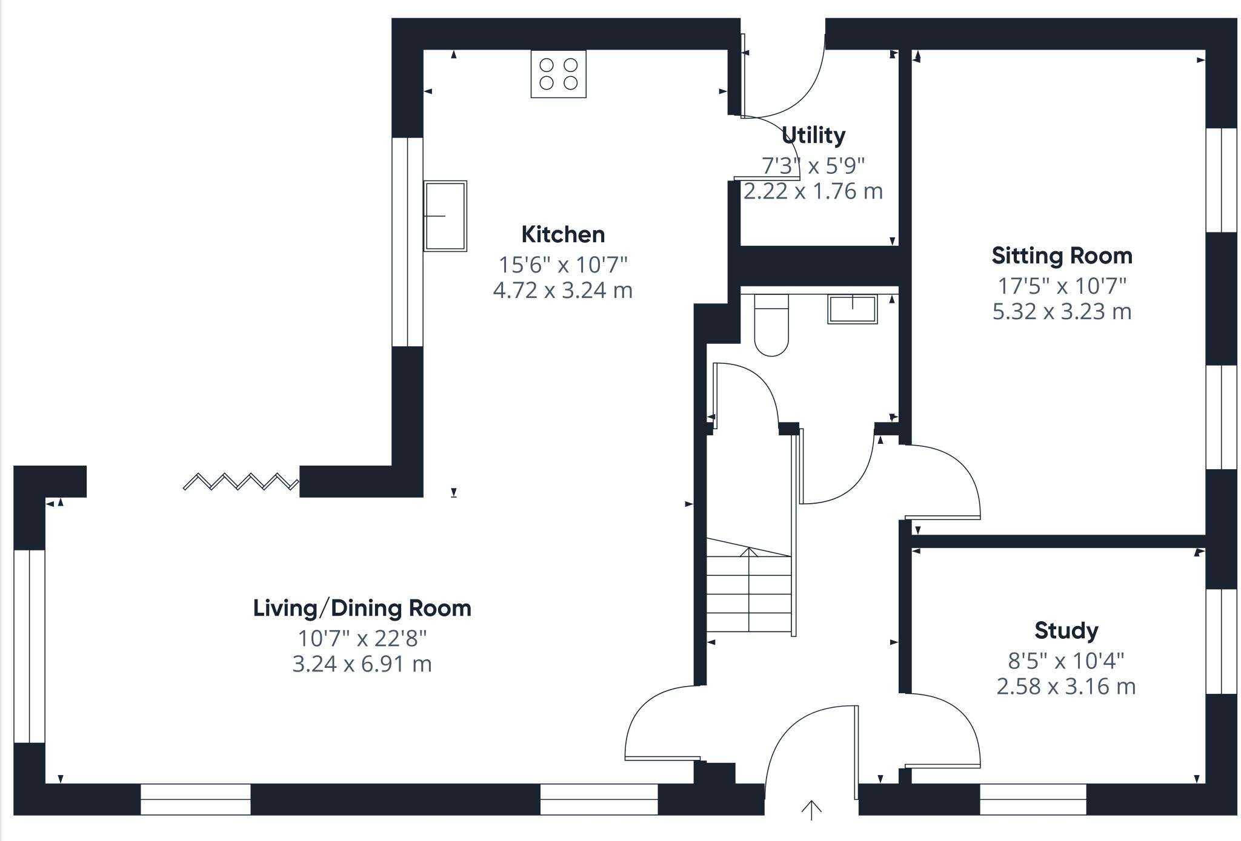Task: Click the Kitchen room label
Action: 563,234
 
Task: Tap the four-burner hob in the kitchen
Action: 558,74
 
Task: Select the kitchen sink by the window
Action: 445,216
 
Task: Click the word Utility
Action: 813,135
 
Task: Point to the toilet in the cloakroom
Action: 771,325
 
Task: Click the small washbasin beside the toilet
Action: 853,309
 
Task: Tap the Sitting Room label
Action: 1062,256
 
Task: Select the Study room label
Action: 1066,631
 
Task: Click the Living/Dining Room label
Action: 362,608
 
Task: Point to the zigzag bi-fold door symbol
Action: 241,481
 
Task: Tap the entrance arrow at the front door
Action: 811,810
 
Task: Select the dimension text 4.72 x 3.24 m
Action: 563,291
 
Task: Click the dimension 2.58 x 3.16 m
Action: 1066,687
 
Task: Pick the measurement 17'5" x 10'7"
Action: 1062,285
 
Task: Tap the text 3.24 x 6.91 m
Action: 362,664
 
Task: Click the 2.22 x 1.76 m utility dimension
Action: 813,191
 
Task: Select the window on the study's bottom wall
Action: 1033,799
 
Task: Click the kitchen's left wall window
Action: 407,242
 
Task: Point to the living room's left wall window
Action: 29,646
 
